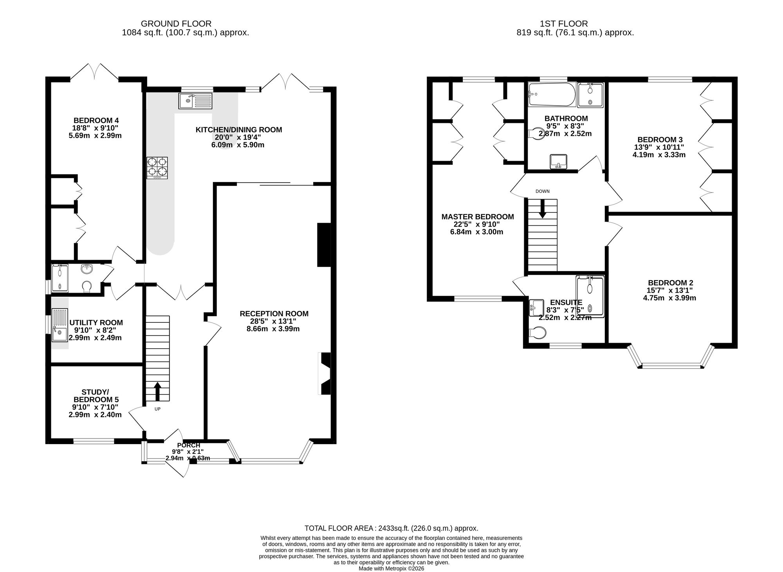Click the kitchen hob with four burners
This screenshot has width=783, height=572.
pos(157,168)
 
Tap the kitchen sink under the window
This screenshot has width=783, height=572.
pos(195,101)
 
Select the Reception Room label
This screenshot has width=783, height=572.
pos(274,313)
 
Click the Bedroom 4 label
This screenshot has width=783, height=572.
pos(96,120)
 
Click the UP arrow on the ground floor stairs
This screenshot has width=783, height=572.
pos(157,391)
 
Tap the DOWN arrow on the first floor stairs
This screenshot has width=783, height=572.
pos(543,209)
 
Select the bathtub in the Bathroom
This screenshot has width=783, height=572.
pos(552,94)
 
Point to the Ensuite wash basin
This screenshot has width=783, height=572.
pos(536,308)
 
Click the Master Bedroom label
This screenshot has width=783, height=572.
pos(478,217)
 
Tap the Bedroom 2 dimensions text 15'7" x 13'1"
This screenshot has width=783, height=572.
pos(670,290)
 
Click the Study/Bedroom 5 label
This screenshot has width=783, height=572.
pos(96,396)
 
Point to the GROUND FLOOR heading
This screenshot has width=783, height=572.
pos(176,24)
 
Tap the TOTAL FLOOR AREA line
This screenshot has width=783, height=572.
pos(391,528)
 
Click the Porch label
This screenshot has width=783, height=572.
pos(189,445)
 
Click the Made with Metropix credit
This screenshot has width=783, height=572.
pos(391,568)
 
